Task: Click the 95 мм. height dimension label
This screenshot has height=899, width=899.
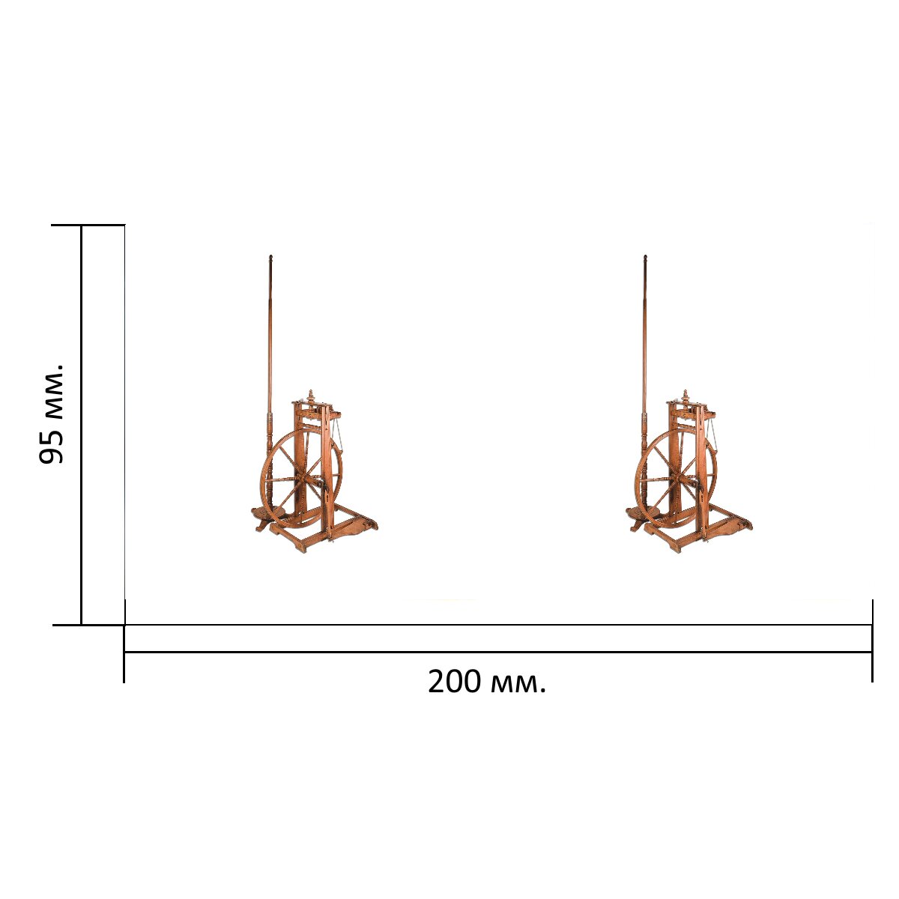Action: tap(51, 413)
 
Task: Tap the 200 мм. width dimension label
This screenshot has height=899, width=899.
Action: tap(487, 682)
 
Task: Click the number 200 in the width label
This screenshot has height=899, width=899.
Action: tap(455, 682)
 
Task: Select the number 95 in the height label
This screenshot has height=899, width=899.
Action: tap(51, 448)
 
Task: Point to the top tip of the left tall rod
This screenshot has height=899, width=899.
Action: tap(270, 255)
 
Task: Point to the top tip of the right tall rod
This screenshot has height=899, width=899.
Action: tap(645, 255)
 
